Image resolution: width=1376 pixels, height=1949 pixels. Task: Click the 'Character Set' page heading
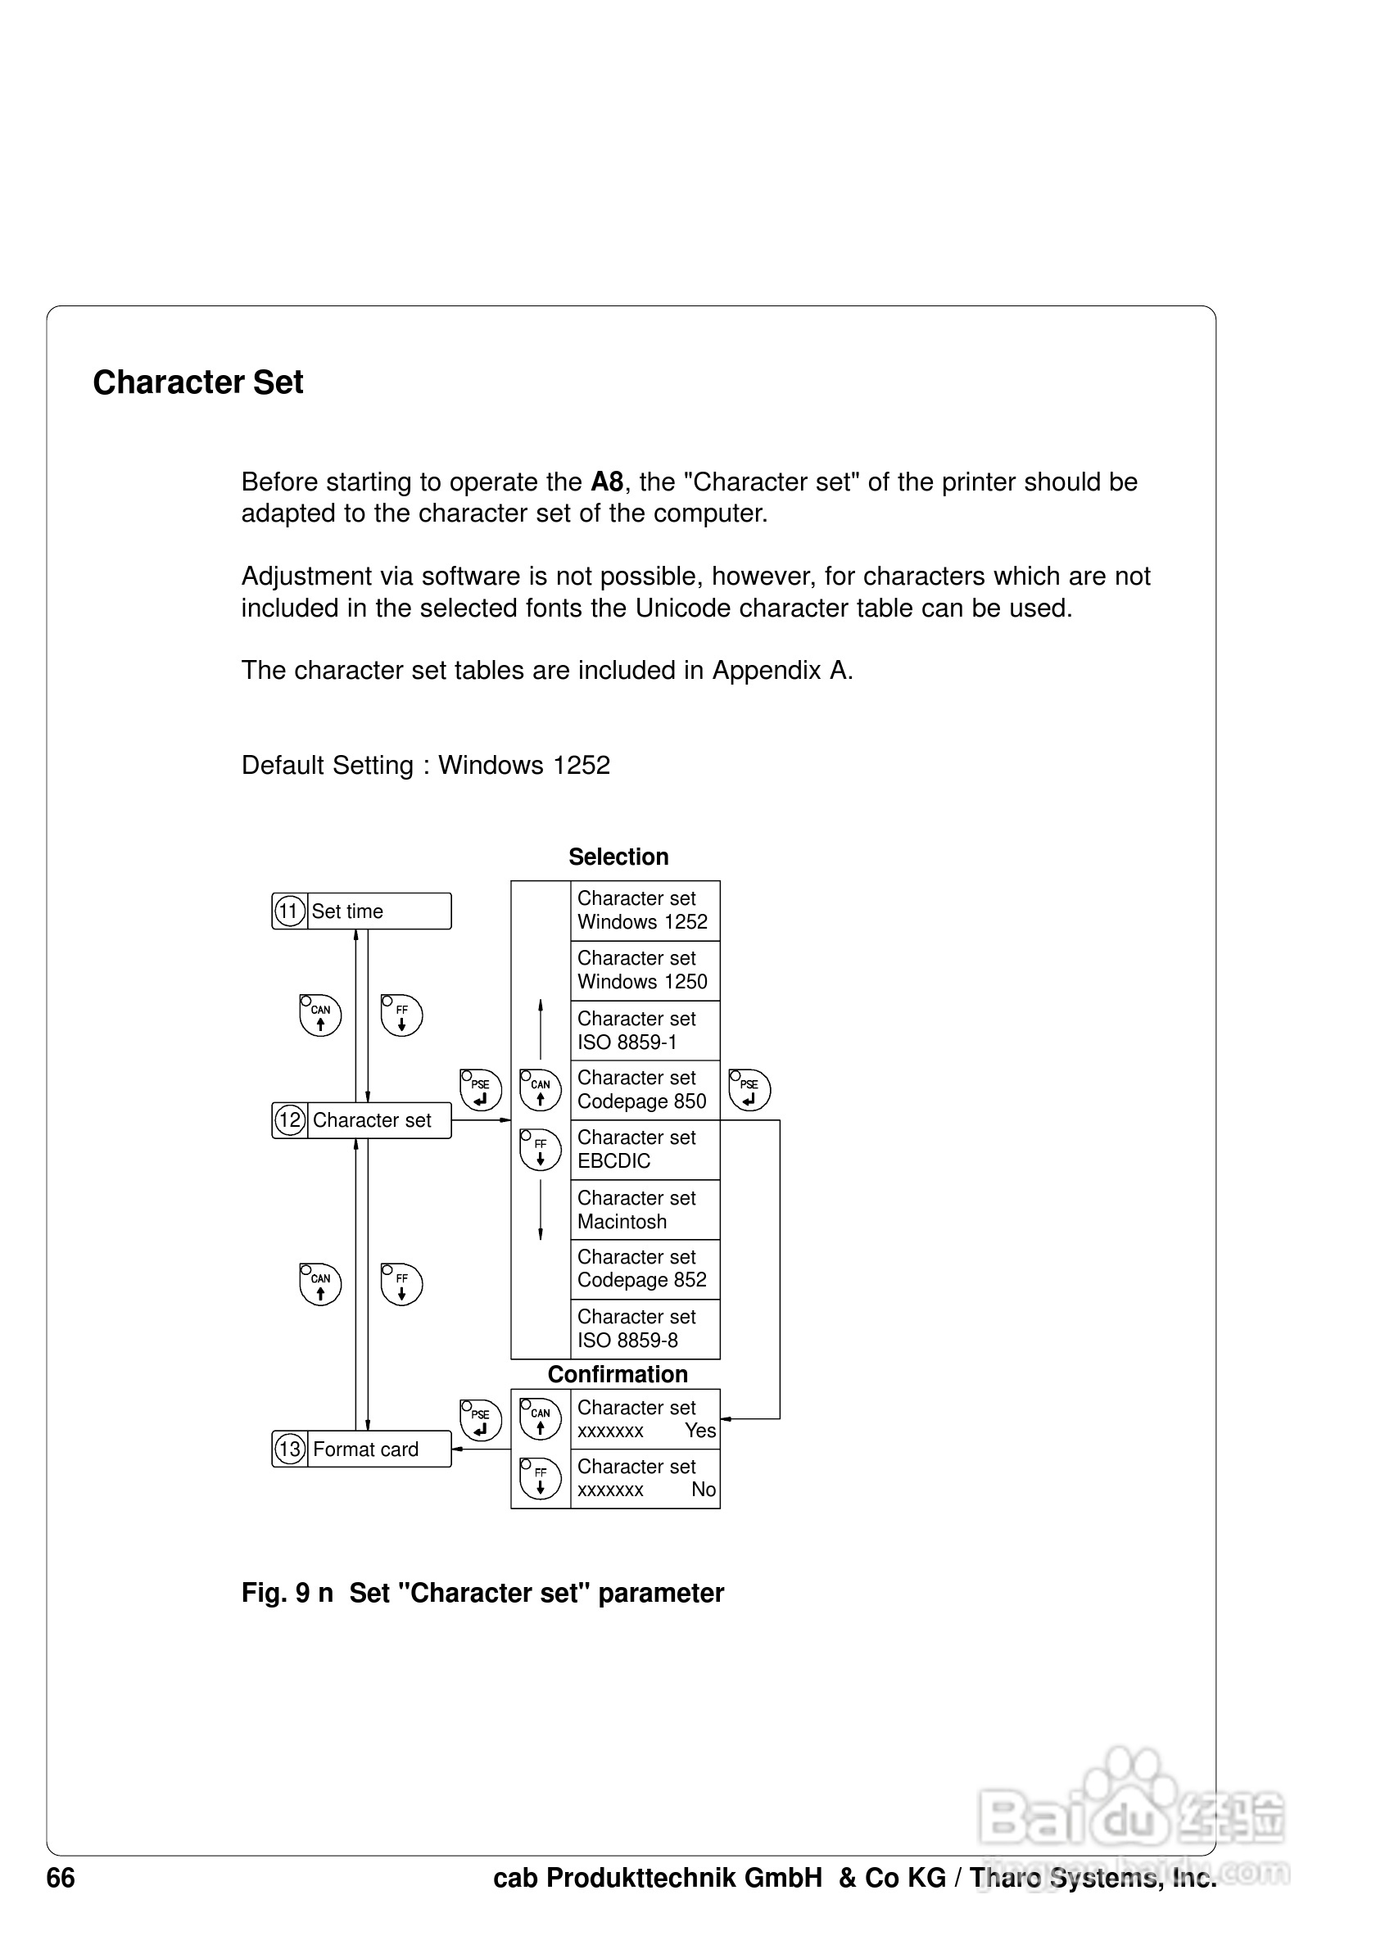(197, 383)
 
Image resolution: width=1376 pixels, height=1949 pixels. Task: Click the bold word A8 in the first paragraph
(607, 482)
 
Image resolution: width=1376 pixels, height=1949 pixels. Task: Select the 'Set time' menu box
(362, 911)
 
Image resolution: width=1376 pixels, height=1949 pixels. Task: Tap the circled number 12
(290, 1119)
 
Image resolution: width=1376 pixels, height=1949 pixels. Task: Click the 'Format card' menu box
(362, 1449)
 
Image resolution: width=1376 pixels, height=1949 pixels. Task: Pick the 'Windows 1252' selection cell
(645, 910)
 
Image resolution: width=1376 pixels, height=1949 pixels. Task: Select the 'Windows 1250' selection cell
(645, 970)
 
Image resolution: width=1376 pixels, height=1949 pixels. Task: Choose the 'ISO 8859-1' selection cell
(645, 1030)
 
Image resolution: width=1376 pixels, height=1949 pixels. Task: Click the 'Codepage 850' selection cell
(645, 1090)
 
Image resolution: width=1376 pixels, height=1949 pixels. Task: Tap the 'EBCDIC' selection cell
(645, 1150)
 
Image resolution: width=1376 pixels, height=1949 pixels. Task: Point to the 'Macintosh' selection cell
(645, 1210)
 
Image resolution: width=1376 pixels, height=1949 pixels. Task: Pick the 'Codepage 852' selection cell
(645, 1269)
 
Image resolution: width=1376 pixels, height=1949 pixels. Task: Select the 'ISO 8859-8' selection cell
(645, 1328)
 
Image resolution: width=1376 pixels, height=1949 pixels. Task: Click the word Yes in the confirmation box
(700, 1431)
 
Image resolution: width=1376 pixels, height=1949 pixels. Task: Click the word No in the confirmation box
(703, 1490)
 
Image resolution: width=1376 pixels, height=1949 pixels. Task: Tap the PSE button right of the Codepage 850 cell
(749, 1090)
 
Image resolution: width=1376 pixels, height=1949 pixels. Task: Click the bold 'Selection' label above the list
(618, 857)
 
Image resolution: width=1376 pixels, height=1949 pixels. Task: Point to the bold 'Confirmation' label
(617, 1374)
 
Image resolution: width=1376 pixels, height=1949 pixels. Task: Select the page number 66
(61, 1878)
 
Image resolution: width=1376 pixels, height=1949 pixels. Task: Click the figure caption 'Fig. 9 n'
(287, 1594)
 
